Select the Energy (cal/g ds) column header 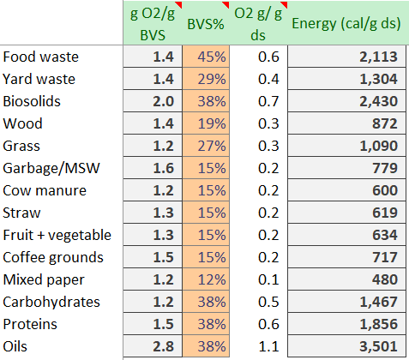tap(348, 22)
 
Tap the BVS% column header tap(206, 24)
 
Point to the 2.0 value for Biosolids tap(163, 102)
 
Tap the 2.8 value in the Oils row tap(163, 346)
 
